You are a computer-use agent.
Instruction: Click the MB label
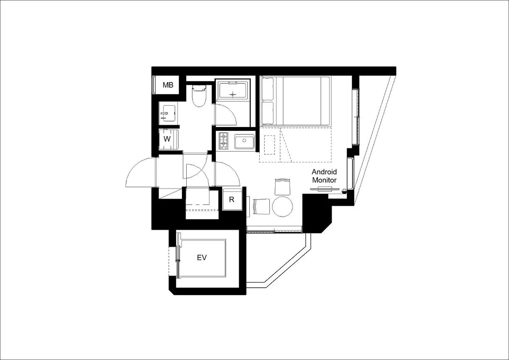(x=168, y=85)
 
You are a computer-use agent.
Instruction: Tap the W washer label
(x=167, y=139)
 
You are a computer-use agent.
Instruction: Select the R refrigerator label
(x=232, y=200)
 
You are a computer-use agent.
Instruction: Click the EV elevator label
(x=202, y=258)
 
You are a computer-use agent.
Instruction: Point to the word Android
(x=324, y=172)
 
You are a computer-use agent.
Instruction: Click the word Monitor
(x=324, y=180)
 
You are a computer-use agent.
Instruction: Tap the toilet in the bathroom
(x=199, y=96)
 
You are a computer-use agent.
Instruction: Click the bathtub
(x=232, y=91)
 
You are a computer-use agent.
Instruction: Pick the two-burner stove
(x=224, y=141)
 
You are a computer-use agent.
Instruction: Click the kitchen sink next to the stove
(x=244, y=141)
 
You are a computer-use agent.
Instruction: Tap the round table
(x=282, y=206)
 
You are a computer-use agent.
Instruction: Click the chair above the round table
(x=282, y=187)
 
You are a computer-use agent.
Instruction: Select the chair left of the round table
(x=261, y=206)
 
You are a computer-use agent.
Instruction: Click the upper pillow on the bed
(x=268, y=89)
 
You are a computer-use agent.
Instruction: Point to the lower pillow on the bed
(x=268, y=113)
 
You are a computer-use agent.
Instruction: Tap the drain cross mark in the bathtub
(x=233, y=94)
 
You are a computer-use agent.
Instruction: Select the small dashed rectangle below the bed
(x=269, y=145)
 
